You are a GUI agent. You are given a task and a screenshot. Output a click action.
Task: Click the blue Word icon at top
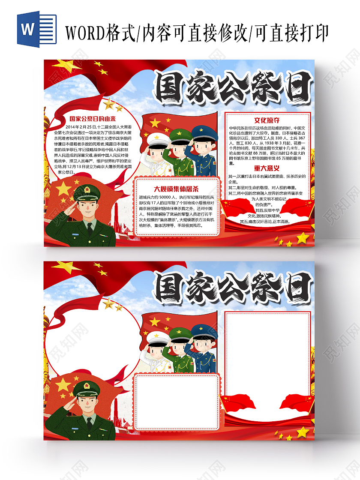[x=36, y=29]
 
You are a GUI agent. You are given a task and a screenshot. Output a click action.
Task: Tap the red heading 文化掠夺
[x=267, y=121]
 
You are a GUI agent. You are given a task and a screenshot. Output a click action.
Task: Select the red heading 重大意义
[x=267, y=168]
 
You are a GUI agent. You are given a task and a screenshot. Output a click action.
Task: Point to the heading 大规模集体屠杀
[x=176, y=189]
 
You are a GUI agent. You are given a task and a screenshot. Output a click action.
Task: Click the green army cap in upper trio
[x=180, y=135]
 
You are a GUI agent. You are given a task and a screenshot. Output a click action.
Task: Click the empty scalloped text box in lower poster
[x=177, y=401]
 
